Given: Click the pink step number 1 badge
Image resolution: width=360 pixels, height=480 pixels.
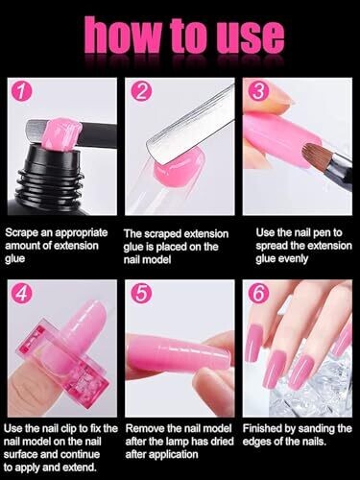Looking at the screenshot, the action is (22, 91).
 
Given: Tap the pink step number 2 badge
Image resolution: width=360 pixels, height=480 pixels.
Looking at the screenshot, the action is (141, 91).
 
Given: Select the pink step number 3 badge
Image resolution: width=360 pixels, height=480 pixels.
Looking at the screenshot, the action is (258, 91).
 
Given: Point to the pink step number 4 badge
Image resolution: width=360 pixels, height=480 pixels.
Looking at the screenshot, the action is (22, 294).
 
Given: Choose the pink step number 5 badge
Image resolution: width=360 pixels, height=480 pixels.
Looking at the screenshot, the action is (141, 294).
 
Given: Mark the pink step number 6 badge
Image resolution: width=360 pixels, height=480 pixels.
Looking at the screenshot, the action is (258, 294).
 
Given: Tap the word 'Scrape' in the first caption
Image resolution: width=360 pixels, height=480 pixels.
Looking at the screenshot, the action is (21, 233).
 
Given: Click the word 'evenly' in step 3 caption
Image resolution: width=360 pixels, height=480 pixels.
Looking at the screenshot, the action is (293, 259).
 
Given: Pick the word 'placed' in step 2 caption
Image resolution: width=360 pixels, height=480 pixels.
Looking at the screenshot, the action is (173, 247).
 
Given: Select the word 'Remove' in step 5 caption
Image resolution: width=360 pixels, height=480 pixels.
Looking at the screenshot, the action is (145, 428).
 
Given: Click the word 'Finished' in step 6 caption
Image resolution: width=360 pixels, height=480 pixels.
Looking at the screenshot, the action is (263, 428).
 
